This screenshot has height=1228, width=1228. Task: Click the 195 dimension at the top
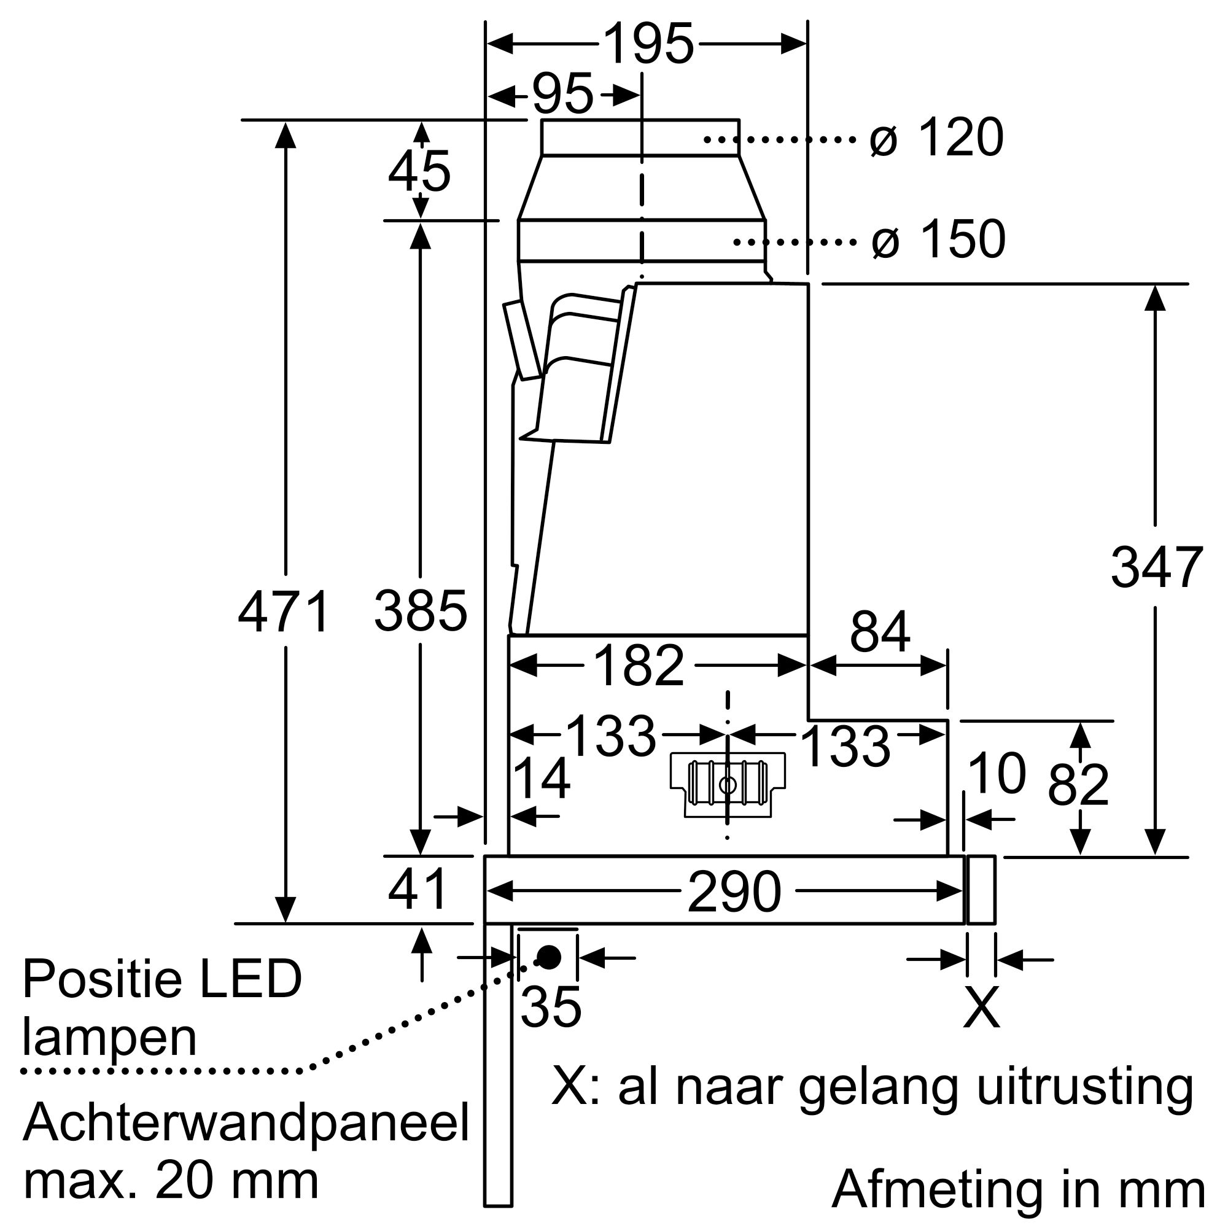click(648, 44)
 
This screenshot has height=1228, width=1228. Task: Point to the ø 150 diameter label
click(939, 239)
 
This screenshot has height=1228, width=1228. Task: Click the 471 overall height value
click(284, 612)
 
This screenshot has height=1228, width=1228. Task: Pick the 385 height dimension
click(420, 612)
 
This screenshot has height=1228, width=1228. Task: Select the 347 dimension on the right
click(1156, 567)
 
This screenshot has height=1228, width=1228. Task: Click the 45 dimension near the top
click(419, 172)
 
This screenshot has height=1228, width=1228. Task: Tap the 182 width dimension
click(638, 666)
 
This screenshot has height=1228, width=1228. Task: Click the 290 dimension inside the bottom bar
click(734, 892)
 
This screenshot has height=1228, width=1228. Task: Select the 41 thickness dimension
click(418, 890)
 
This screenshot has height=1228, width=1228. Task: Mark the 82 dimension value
click(1078, 786)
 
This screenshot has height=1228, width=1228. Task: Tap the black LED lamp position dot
click(548, 957)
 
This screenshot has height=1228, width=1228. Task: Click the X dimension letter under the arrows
click(981, 1008)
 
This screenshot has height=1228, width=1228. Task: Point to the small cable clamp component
click(728, 785)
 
